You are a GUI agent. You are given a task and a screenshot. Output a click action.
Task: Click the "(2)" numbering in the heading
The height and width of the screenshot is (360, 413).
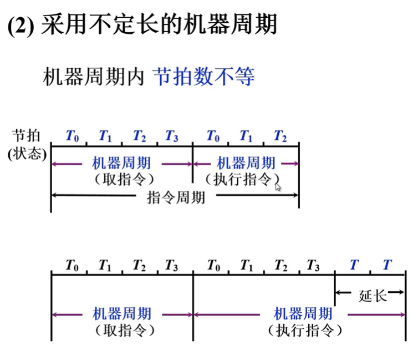click(22, 26)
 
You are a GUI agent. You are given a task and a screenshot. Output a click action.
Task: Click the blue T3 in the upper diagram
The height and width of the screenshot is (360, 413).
click(171, 136)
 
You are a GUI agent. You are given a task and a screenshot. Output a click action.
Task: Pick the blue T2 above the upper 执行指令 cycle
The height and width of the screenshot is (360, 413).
click(280, 136)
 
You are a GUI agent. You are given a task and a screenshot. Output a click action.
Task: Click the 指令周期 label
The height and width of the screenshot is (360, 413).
click(176, 197)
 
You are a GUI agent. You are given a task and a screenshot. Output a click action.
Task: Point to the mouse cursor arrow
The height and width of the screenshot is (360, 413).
click(278, 187)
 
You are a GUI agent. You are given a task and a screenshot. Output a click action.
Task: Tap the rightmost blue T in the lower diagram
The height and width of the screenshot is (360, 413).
click(386, 265)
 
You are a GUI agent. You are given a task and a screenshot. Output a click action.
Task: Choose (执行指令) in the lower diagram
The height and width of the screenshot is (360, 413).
click(304, 331)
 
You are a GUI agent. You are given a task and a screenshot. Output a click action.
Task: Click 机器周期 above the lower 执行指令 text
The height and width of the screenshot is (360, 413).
click(303, 314)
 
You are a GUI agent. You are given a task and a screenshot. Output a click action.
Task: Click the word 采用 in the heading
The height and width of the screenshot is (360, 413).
click(60, 26)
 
